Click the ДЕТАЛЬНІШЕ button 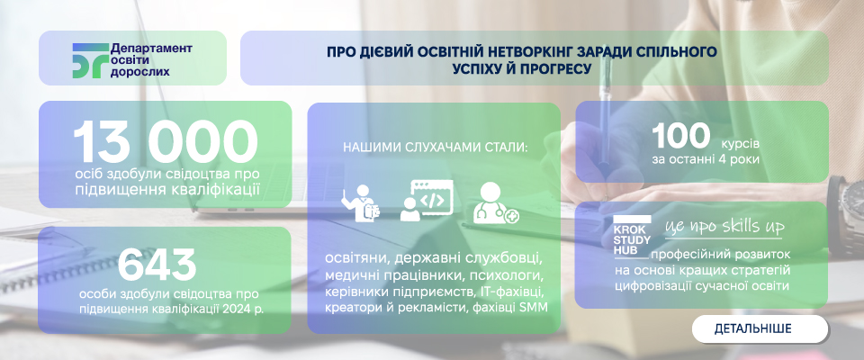click(760, 329)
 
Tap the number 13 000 click(166, 143)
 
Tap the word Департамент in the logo click(151, 49)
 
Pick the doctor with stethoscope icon click(495, 203)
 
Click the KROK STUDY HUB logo click(633, 236)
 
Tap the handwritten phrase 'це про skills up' click(724, 227)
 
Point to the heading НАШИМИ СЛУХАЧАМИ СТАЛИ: click(436, 148)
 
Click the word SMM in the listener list click(534, 308)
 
